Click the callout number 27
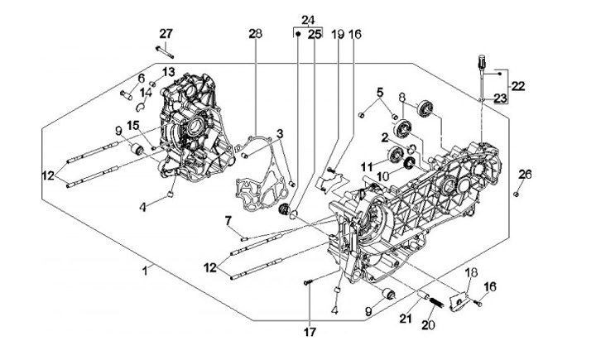[166, 33]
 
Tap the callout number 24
[308, 19]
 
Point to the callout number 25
[315, 34]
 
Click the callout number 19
[337, 34]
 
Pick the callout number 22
[518, 85]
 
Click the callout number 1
[146, 270]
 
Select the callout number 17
[308, 334]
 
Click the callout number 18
[469, 273]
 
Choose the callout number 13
[168, 71]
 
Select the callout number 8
[402, 97]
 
